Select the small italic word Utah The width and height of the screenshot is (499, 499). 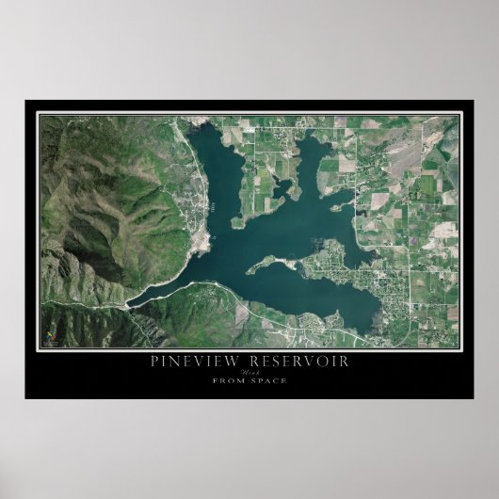pos(249,372)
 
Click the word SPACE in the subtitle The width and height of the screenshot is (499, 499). pos(269,380)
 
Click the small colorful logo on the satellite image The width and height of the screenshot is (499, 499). pos(51,333)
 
